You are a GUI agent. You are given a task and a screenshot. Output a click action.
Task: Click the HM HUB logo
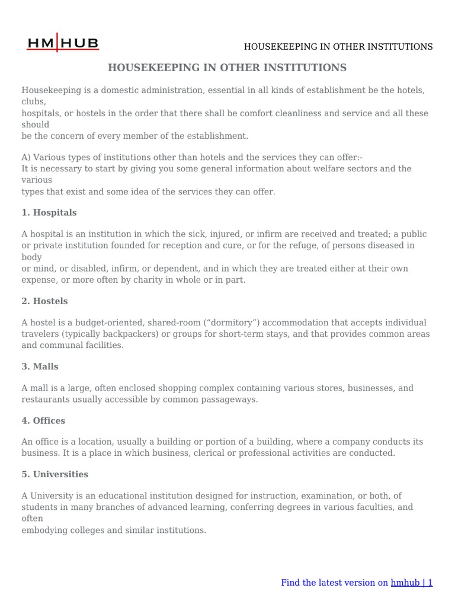(x=63, y=43)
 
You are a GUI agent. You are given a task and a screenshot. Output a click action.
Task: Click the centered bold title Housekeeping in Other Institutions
(x=227, y=68)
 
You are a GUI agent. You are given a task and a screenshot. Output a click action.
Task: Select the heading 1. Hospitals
(x=49, y=212)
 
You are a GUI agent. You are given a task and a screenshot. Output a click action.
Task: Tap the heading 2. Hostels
(x=44, y=301)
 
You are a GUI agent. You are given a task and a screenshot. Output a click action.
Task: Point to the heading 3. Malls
(x=40, y=366)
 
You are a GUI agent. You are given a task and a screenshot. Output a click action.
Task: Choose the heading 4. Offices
(x=43, y=420)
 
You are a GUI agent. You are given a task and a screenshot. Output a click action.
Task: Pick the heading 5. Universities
(x=55, y=474)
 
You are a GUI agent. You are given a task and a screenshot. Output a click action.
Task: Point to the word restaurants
(x=46, y=400)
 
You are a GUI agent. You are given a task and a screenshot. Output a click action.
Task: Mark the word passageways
(x=233, y=400)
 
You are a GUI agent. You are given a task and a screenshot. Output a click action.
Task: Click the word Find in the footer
(x=290, y=583)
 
